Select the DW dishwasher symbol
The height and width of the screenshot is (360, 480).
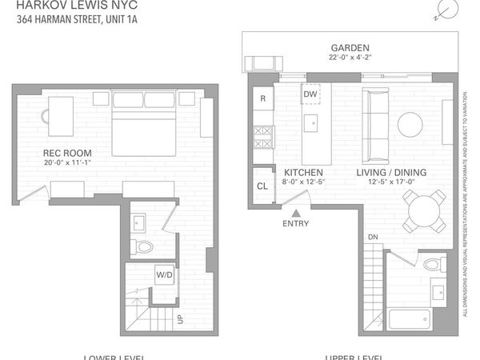tap(311, 94)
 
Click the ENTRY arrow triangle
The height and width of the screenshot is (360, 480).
tap(296, 214)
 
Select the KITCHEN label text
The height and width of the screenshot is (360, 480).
tap(303, 172)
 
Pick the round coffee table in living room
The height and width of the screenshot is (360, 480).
tap(410, 122)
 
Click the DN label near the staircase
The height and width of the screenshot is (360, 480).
tap(373, 238)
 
